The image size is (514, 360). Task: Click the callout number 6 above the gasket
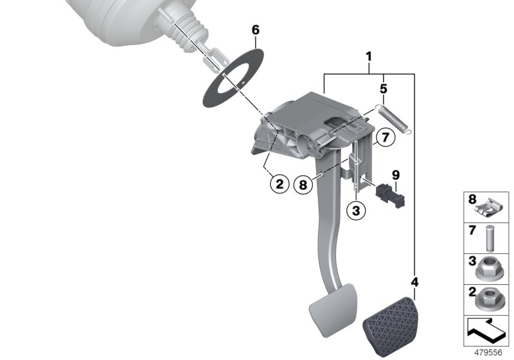(x=255, y=30)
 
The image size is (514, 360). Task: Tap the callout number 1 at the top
(x=369, y=57)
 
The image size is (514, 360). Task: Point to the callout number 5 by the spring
(x=383, y=88)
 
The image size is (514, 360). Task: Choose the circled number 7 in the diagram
(x=384, y=137)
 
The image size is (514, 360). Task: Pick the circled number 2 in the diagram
(x=279, y=184)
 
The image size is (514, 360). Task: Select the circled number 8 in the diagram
(x=303, y=184)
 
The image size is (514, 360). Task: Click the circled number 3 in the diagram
(x=357, y=209)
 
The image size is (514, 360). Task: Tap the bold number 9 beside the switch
(x=396, y=174)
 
